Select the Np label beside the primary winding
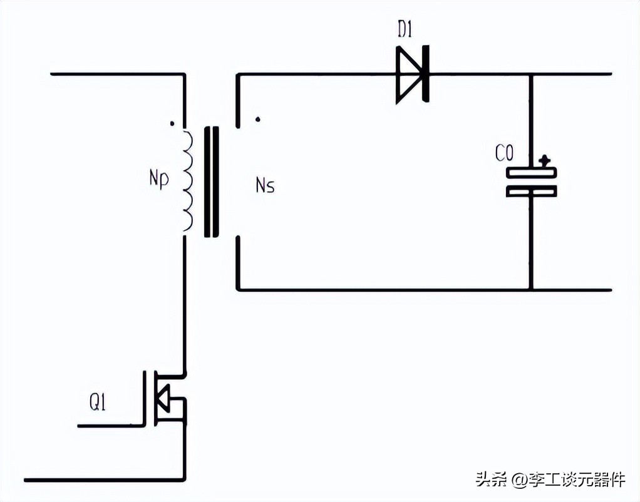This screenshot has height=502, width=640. (158, 179)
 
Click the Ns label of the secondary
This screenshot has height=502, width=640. (265, 185)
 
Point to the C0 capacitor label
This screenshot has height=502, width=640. (505, 153)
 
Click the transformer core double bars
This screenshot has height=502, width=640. (212, 182)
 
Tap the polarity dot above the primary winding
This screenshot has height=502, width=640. (172, 124)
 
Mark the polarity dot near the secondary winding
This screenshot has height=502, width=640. (258, 118)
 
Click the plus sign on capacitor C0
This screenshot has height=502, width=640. (545, 160)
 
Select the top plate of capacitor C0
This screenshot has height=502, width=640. (531, 173)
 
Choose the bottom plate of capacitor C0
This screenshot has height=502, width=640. (531, 192)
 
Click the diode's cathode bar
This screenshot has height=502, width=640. (426, 74)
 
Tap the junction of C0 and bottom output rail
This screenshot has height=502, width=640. (531, 290)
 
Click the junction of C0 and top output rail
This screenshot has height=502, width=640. (531, 74)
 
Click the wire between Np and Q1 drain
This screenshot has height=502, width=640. (185, 300)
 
